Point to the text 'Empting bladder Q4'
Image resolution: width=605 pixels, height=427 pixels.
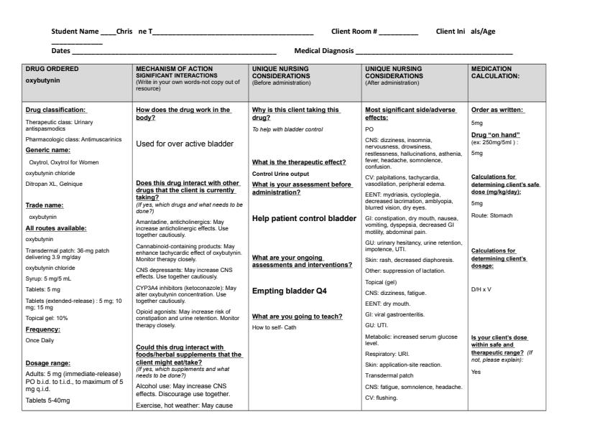(x=285, y=291)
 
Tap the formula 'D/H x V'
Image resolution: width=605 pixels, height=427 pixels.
(x=480, y=291)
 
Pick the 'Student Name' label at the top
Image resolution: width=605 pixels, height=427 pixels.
(x=75, y=32)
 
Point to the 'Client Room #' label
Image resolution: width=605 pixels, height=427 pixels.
(x=354, y=32)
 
